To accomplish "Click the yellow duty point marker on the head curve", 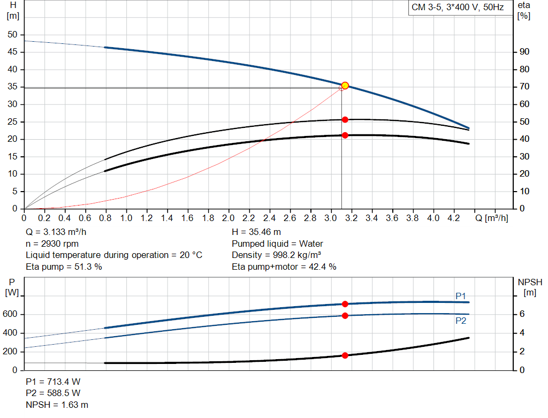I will pyautogui.click(x=345, y=86).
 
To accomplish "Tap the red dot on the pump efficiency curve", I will pyautogui.click(x=345, y=120).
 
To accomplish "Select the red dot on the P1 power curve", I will pyautogui.click(x=345, y=304).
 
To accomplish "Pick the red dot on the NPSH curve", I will pyautogui.click(x=345, y=355).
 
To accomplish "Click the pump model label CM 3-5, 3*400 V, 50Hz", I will pyautogui.click(x=457, y=7).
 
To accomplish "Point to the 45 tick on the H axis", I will pyautogui.click(x=13, y=52).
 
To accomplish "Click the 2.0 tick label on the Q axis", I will pyautogui.click(x=229, y=218).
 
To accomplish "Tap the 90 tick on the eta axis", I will pyautogui.click(x=524, y=52).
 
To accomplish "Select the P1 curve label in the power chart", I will pyautogui.click(x=461, y=296).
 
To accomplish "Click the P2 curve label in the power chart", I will pyautogui.click(x=461, y=321).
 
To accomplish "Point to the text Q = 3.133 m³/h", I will pyautogui.click(x=56, y=232).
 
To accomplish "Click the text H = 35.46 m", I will pyautogui.click(x=256, y=232).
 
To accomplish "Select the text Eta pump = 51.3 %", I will pyautogui.click(x=64, y=267).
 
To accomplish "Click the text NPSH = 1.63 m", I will pyautogui.click(x=57, y=405).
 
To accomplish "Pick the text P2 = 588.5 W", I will pyautogui.click(x=53, y=393).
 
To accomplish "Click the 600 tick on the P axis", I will pyautogui.click(x=12, y=314).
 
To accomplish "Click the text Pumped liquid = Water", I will pyautogui.click(x=277, y=243).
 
